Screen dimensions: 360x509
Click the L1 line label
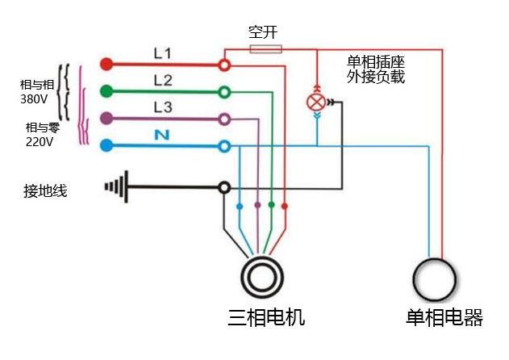pos(163,53)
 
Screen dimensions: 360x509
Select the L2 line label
pos(163,79)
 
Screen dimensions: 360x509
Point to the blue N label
pos(162,135)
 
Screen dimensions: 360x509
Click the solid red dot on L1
pos(104,63)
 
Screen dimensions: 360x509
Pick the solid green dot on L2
pos(104,90)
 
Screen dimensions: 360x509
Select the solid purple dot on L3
pos(104,118)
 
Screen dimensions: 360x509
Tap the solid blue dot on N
pos(104,145)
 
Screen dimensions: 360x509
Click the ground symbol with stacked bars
pos(118,188)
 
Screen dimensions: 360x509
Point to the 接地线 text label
pos(45,191)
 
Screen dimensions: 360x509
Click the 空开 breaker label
pos(264,33)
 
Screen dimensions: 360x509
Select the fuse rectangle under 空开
pos(266,49)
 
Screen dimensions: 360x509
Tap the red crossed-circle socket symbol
pos(318,103)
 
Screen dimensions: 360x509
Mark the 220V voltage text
pos(39,142)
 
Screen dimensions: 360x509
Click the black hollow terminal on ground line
pos(225,187)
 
